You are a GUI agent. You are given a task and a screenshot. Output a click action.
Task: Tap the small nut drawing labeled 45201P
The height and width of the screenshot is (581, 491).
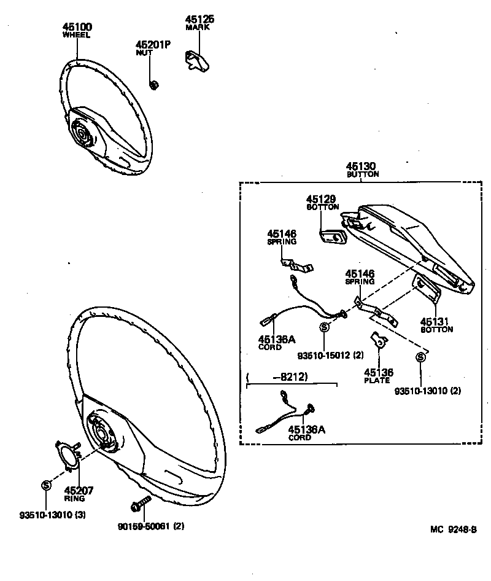click(x=155, y=84)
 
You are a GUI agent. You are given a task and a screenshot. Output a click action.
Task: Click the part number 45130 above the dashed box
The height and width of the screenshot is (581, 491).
click(x=360, y=166)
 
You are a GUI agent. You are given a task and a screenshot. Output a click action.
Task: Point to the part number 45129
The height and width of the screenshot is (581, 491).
click(x=322, y=199)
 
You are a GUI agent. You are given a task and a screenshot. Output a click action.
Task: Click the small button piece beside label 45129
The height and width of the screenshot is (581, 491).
click(x=331, y=236)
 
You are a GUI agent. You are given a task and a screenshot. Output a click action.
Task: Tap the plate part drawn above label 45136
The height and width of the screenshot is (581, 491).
click(x=378, y=340)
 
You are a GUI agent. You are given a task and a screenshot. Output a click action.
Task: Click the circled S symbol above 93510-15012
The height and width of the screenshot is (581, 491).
click(x=324, y=327)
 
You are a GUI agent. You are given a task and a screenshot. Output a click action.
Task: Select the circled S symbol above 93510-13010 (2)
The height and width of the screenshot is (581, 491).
click(x=420, y=358)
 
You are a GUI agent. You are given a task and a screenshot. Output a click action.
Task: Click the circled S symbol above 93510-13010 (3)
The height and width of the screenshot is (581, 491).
click(x=46, y=485)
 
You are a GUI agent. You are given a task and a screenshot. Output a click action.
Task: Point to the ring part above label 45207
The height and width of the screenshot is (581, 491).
click(x=67, y=458)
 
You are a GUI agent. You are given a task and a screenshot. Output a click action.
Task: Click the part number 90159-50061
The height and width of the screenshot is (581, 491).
click(x=144, y=526)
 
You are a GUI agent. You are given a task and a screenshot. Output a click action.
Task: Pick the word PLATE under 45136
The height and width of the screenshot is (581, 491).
click(x=377, y=380)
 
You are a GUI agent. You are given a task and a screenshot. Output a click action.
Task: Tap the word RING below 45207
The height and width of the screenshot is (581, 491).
click(x=75, y=499)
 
